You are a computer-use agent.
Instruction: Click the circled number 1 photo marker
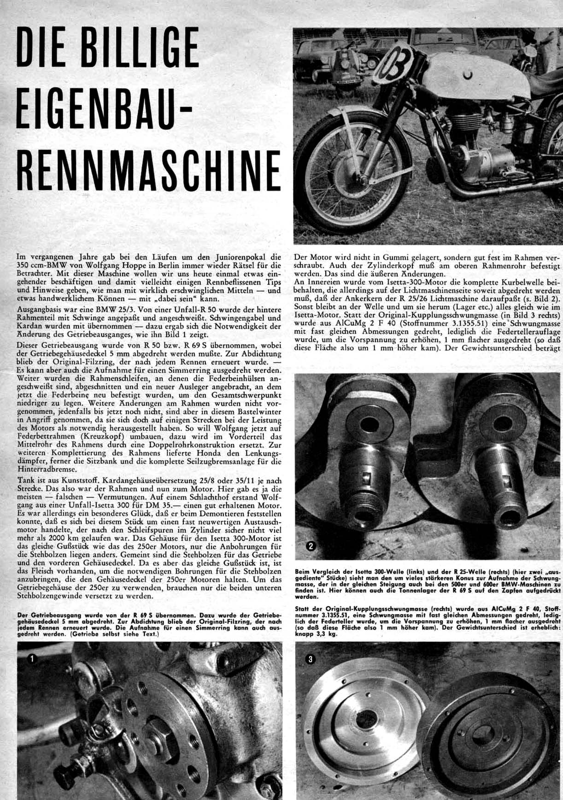point(31,659)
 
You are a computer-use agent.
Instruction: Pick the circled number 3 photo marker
point(310,659)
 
